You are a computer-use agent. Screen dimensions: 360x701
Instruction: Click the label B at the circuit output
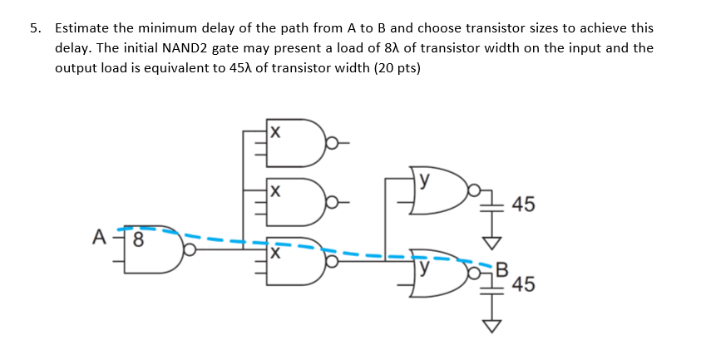coord(500,268)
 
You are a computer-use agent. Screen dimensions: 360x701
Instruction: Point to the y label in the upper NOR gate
coord(426,178)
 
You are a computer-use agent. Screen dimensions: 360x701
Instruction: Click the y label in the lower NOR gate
coord(426,269)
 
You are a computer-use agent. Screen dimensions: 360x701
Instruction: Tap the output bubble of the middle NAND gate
coord(332,203)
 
